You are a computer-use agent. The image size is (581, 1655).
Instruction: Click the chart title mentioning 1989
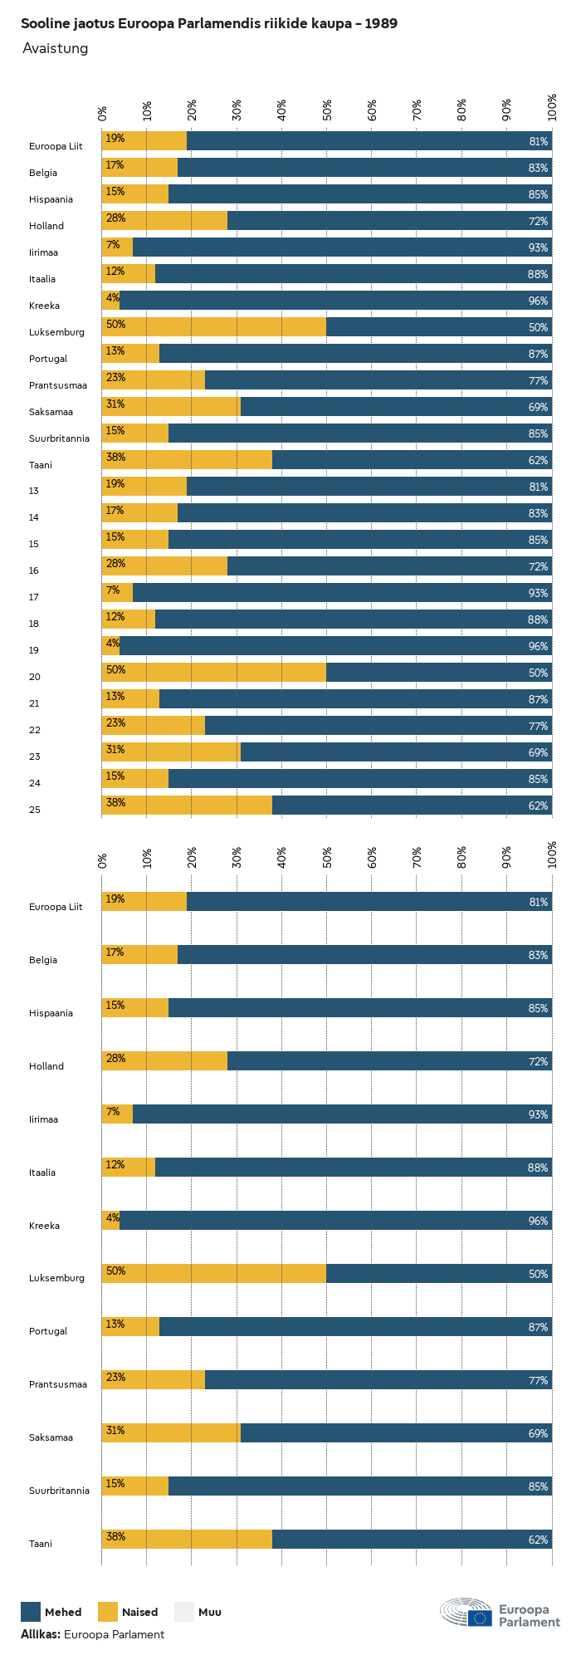[208, 23]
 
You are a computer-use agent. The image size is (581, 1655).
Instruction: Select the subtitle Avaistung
[55, 48]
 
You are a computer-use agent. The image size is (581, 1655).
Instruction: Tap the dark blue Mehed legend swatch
[31, 1612]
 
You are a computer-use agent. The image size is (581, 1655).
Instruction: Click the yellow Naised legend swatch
[108, 1612]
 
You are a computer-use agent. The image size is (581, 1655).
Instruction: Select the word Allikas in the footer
[40, 1634]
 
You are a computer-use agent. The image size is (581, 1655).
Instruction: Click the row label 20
[34, 677]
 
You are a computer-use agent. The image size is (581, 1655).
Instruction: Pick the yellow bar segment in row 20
[214, 673]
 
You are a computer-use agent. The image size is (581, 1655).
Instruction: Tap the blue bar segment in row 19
[335, 646]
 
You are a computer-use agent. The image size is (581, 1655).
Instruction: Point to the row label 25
[34, 810]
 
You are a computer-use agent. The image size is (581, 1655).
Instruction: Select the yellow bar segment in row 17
[118, 593]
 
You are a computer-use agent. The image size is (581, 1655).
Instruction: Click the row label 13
[34, 491]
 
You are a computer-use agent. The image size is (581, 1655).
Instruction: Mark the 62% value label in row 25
[538, 805]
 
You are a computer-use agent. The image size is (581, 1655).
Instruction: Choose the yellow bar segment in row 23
[171, 752]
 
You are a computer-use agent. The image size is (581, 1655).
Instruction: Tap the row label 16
[34, 570]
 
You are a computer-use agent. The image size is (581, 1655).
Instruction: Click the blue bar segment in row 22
[378, 726]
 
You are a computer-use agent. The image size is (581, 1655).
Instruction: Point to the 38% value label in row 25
[115, 803]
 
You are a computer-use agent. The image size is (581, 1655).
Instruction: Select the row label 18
[34, 624]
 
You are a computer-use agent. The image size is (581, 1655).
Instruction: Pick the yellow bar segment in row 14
[139, 513]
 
